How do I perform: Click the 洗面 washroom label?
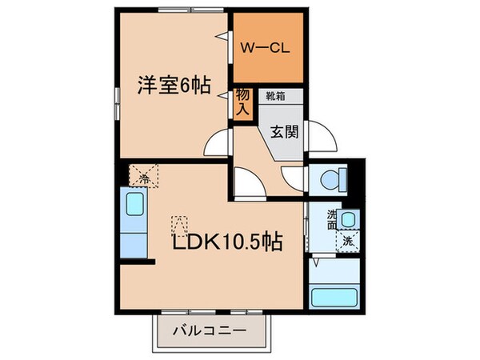coord(331,220)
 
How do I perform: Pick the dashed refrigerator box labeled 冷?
coord(144,174)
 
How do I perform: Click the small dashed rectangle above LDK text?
coord(181,222)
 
